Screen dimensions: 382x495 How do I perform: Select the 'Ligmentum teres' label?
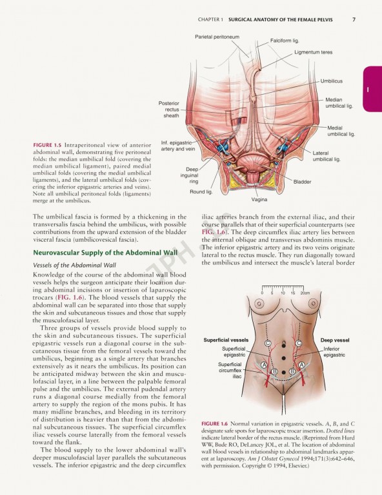(x=314, y=52)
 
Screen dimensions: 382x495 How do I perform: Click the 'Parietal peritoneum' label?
(x=217, y=37)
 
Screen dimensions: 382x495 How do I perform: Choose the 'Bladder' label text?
(x=302, y=182)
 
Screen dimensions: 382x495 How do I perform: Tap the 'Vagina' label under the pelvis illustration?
(x=259, y=199)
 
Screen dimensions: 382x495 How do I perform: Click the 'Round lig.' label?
(x=201, y=191)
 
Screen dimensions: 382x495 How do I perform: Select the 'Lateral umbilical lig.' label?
(x=327, y=155)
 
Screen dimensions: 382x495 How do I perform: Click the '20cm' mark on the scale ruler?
(x=305, y=293)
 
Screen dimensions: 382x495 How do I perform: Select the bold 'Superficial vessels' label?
(x=225, y=340)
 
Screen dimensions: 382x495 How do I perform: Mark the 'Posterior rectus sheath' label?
(x=171, y=109)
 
